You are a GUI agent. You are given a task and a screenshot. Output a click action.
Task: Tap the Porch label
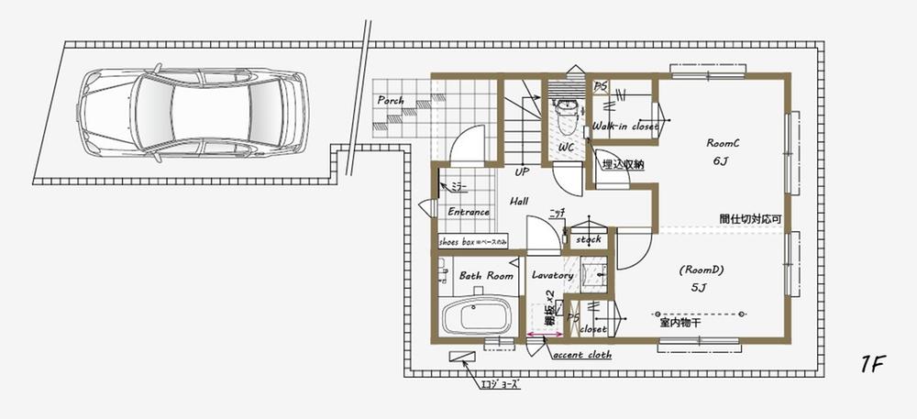pos(390,100)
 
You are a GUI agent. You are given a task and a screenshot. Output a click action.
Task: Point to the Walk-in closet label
pos(624,126)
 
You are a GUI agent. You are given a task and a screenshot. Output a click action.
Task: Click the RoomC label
pos(723,143)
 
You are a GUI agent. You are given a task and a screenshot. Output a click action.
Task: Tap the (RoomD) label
pos(702,270)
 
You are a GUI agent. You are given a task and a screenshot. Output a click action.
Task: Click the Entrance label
pos(468,212)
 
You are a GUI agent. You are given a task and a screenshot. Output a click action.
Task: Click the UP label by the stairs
pos(522,171)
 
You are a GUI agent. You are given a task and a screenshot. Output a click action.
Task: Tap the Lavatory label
pos(552,275)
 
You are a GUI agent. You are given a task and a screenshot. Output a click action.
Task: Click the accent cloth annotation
pos(581,355)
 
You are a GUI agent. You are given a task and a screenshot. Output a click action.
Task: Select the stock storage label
pos(588,239)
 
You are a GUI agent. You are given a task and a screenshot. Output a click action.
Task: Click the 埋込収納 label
pos(622,165)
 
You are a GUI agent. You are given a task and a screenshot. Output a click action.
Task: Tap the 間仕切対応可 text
pos(749,219)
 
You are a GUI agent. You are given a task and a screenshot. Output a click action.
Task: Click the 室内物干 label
pos(679,324)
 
